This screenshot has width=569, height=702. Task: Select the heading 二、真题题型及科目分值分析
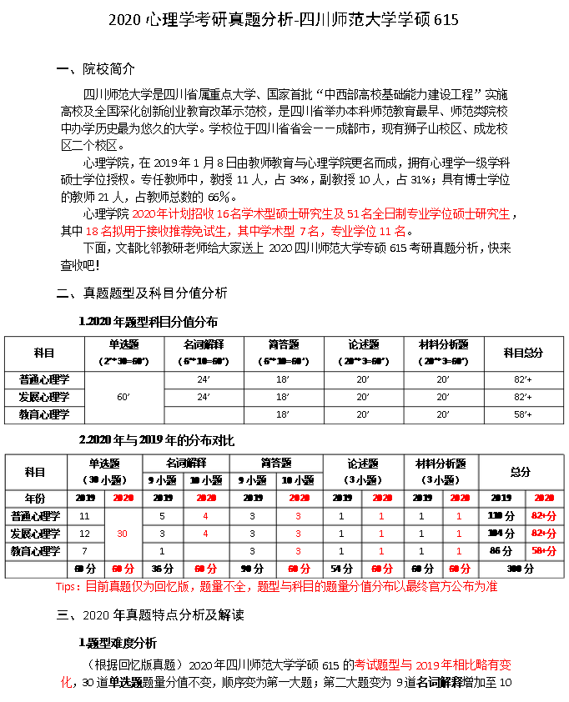pos(141,293)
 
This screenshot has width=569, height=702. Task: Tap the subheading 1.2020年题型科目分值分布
pos(148,321)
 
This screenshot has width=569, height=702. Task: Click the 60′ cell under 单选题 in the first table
pos(123,397)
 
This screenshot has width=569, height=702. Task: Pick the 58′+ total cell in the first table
pos(523,414)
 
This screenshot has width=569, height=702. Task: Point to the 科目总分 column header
pos(523,354)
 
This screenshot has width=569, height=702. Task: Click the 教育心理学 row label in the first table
pos(45,414)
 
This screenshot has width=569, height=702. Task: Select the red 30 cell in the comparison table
pos(123,533)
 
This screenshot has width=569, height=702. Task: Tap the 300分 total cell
pos(520,569)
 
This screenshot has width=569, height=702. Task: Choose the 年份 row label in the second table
pos(35,497)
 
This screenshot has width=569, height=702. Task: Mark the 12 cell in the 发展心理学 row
pos(84,533)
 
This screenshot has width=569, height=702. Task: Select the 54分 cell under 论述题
pos(341,569)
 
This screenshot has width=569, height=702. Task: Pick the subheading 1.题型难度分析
pos(117,644)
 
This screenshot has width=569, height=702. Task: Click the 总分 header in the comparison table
pos(520,472)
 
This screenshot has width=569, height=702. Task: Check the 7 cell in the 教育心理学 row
pos(84,551)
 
